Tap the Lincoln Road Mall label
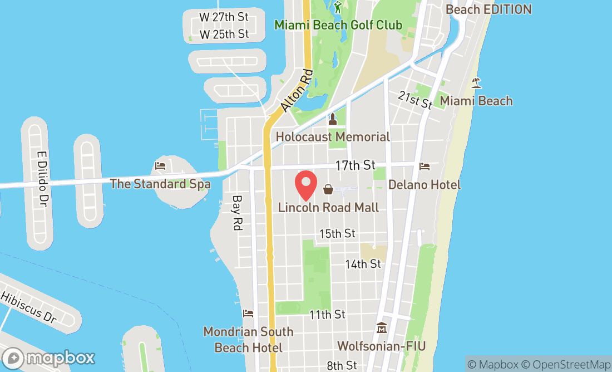(x=328, y=208)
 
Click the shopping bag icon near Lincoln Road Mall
(x=328, y=189)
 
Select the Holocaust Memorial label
(x=333, y=136)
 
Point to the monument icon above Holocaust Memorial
(x=333, y=119)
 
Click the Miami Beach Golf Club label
(x=338, y=25)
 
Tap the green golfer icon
(x=338, y=7)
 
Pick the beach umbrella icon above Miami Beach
(x=476, y=83)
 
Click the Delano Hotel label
(x=425, y=184)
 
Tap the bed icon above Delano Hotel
(x=425, y=166)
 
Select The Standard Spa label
(x=160, y=184)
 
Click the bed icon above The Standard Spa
(x=160, y=165)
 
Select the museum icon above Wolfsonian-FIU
(x=381, y=327)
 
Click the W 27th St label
(x=224, y=17)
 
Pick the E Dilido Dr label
(x=41, y=178)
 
